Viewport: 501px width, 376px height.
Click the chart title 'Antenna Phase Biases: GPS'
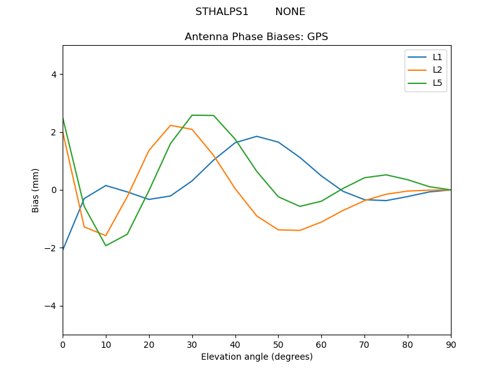pyautogui.click(x=256, y=37)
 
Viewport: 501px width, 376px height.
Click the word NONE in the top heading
pyautogui.click(x=290, y=12)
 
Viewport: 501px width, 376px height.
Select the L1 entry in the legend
pyautogui.click(x=437, y=57)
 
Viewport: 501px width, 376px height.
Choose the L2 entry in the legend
pyautogui.click(x=437, y=70)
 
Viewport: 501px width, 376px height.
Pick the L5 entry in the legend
pyautogui.click(x=437, y=83)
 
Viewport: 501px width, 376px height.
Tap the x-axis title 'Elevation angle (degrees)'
pyautogui.click(x=256, y=357)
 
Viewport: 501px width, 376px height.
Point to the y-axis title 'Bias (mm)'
pyautogui.click(x=36, y=190)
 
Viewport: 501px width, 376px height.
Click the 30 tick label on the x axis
pyautogui.click(x=192, y=343)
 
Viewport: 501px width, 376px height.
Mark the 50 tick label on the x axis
pyautogui.click(x=278, y=343)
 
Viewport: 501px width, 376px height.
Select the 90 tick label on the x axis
pyautogui.click(x=451, y=343)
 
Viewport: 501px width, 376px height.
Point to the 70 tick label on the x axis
pyautogui.click(x=364, y=343)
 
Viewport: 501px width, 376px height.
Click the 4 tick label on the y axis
pyautogui.click(x=53, y=75)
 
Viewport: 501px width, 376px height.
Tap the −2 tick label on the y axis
pyautogui.click(x=51, y=248)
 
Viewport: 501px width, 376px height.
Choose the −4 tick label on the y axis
pyautogui.click(x=51, y=306)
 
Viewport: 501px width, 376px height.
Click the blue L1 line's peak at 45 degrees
pyautogui.click(x=257, y=136)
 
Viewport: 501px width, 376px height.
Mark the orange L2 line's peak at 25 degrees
pyautogui.click(x=170, y=125)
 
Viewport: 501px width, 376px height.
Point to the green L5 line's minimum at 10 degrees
pyautogui.click(x=106, y=246)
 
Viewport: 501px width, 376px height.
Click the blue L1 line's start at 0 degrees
pyautogui.click(x=63, y=249)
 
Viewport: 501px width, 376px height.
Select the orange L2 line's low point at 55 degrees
pyautogui.click(x=300, y=231)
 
